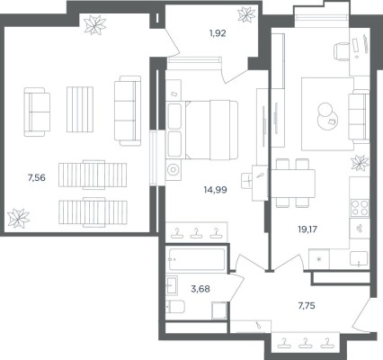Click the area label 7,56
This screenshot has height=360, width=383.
point(37,178)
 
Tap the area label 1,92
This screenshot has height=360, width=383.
point(218,33)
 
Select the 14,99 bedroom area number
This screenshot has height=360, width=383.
point(215,190)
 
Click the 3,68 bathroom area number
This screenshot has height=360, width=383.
point(200,289)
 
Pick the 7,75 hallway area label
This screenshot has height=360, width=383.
point(307,306)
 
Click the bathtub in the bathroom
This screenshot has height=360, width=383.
point(197,259)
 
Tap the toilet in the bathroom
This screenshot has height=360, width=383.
point(175,306)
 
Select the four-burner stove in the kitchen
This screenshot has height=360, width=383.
point(360,208)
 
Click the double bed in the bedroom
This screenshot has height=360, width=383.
point(211,130)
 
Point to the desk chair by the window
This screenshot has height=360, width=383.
point(342,51)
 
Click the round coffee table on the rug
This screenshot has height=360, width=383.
point(327,119)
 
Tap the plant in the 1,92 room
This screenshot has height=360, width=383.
point(246,14)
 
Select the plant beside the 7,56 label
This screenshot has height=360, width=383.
point(18,218)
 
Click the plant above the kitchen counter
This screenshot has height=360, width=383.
point(360,164)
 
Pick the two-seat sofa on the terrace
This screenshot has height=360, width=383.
point(37,112)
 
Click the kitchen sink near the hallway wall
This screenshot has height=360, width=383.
point(360,259)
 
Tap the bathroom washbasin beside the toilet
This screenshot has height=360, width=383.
point(172,285)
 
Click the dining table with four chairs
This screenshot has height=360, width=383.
point(293,183)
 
